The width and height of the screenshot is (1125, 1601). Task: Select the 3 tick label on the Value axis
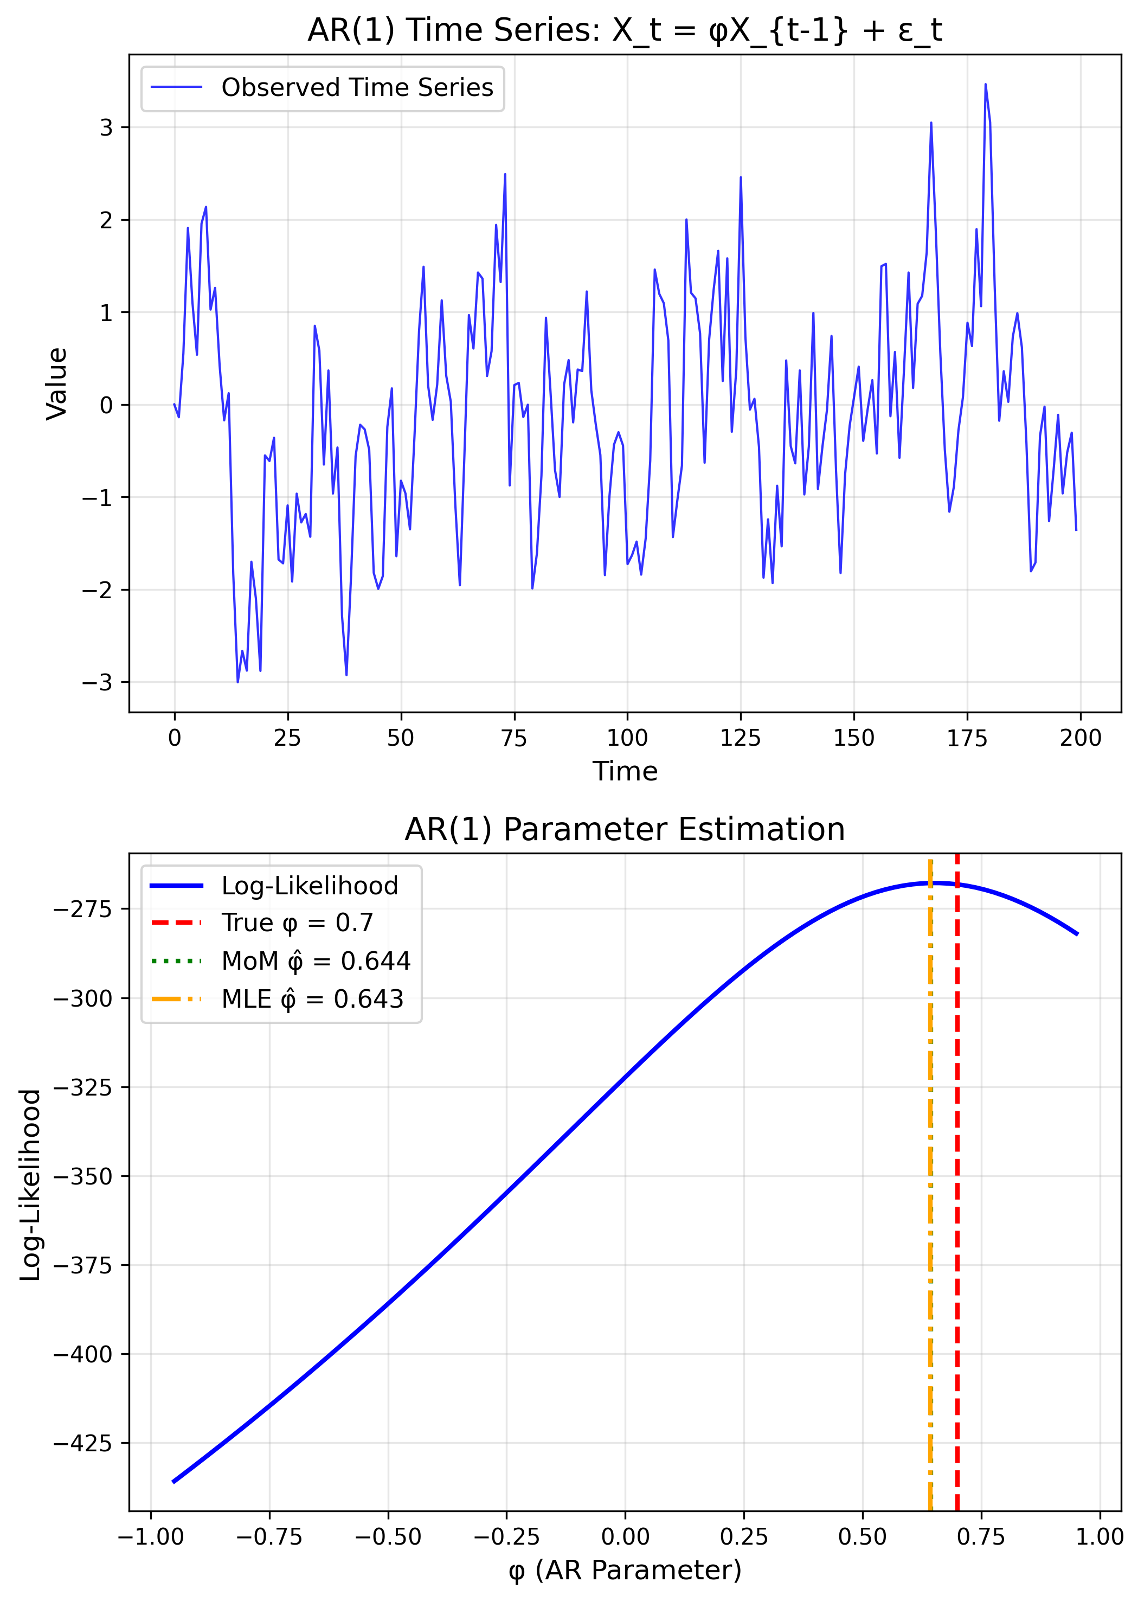[105, 127]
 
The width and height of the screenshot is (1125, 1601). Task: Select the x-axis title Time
[625, 771]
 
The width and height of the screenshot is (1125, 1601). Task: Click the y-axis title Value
[57, 383]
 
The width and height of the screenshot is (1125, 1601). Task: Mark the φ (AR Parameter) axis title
[625, 1570]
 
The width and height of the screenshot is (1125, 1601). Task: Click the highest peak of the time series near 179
[985, 85]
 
